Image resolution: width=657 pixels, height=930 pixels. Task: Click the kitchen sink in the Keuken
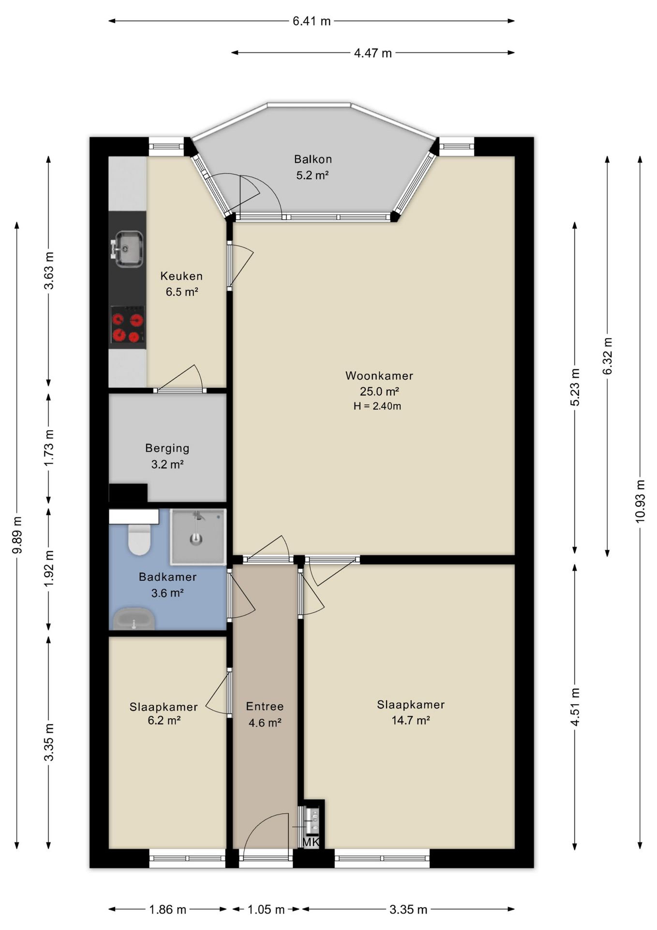tap(128, 249)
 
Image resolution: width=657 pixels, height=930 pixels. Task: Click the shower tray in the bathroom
tap(198, 536)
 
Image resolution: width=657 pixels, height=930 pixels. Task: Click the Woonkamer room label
tap(379, 375)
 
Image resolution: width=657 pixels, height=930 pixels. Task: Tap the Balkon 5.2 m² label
tap(313, 167)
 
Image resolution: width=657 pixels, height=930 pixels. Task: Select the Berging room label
tap(167, 449)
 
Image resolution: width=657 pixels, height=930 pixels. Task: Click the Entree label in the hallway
tap(265, 706)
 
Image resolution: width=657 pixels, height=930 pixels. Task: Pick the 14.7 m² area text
tap(411, 720)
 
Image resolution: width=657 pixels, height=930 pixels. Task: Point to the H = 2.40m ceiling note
tap(377, 406)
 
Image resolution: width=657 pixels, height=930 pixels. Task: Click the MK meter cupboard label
tap(311, 842)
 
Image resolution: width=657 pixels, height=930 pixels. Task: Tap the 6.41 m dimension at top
tap(312, 21)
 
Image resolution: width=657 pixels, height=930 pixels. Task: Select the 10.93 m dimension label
tap(640, 501)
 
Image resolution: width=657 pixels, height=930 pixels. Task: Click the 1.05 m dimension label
tap(266, 909)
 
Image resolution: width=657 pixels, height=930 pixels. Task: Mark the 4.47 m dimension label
tap(373, 53)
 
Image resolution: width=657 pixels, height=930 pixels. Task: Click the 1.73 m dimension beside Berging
tap(49, 448)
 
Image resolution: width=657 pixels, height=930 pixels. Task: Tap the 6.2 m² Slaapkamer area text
tap(164, 720)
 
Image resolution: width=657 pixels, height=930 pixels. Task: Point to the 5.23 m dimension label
tap(575, 387)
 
